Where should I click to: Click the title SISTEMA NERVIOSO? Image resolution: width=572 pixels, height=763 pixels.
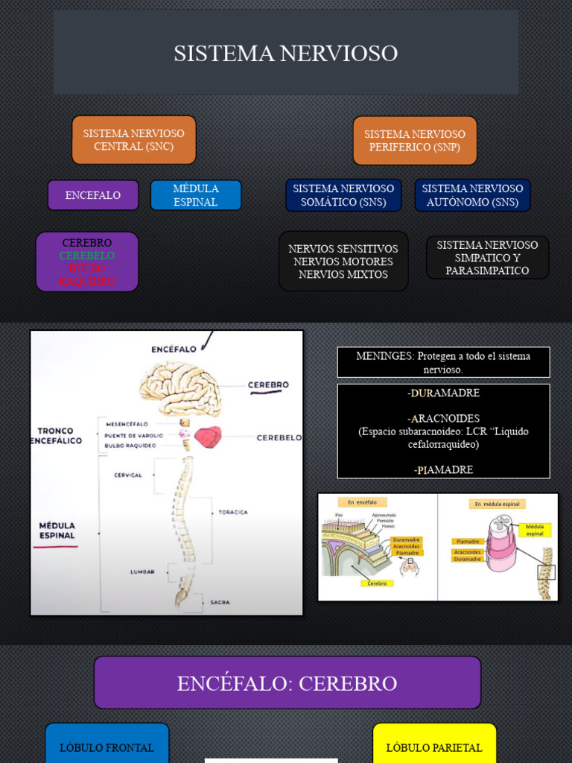(286, 54)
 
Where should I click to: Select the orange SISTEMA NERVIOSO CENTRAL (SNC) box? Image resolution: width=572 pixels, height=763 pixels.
(134, 140)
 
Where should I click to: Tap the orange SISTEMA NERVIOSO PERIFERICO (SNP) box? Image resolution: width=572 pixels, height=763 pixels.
(415, 141)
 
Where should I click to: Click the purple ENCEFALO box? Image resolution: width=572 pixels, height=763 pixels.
(93, 195)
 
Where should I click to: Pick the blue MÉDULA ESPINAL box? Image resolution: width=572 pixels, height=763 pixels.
(196, 195)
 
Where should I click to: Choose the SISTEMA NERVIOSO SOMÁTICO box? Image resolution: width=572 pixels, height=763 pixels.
(343, 195)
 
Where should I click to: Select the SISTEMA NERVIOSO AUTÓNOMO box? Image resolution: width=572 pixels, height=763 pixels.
(472, 195)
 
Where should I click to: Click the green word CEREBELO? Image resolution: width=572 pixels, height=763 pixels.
(87, 256)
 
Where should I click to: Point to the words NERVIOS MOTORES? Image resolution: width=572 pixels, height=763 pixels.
(343, 262)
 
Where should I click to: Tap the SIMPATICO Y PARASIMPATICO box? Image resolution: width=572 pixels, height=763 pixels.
(487, 258)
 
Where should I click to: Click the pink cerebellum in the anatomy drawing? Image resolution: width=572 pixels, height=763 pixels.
(208, 437)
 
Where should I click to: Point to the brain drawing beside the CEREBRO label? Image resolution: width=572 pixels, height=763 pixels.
(181, 388)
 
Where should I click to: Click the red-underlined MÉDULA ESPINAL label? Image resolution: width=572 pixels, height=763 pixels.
(57, 531)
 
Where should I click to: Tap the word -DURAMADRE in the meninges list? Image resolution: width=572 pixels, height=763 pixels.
(443, 393)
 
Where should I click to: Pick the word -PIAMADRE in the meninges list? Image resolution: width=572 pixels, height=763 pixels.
(443, 469)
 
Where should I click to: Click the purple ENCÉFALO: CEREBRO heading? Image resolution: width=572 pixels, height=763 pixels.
(287, 683)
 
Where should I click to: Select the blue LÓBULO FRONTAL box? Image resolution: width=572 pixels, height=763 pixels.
(107, 747)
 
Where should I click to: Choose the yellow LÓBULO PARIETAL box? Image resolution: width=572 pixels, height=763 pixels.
(434, 747)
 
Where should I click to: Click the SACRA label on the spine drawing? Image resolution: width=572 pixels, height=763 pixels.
(220, 602)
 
